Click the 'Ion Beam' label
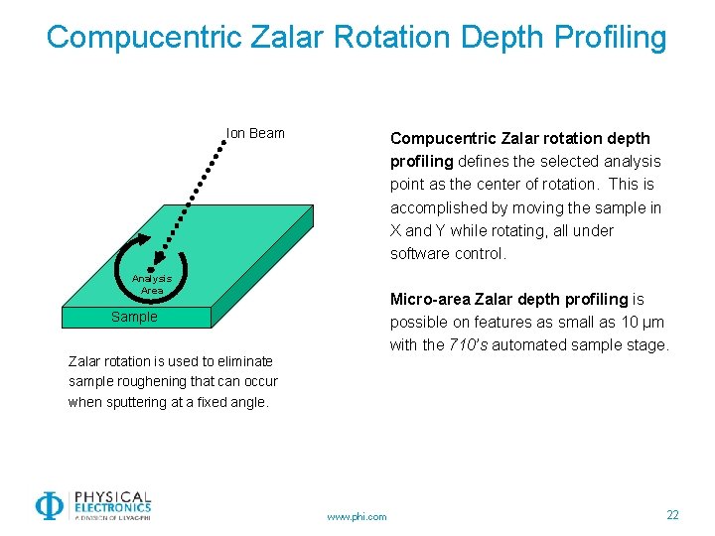click(255, 133)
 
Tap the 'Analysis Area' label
click(152, 285)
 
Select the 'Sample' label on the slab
click(134, 317)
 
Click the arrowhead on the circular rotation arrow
click(145, 239)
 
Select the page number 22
click(672, 514)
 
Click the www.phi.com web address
click(357, 516)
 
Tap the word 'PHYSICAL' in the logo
click(111, 497)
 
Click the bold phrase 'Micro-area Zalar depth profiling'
click(509, 299)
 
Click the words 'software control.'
click(448, 254)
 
